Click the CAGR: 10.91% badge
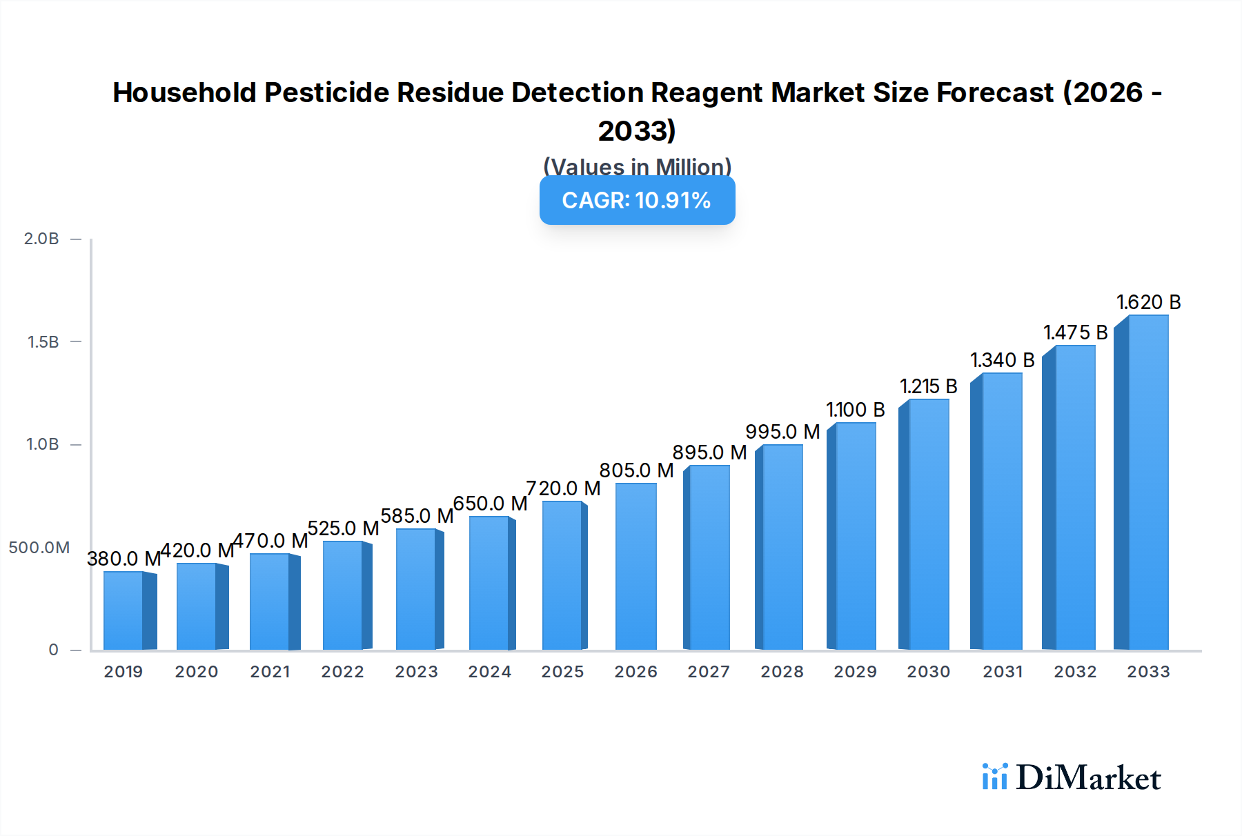pos(637,200)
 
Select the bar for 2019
pos(124,610)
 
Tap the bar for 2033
pos(1147,483)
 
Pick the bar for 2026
pos(635,566)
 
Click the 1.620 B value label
pos(1149,302)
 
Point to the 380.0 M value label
pos(124,558)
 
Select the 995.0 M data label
pos(782,432)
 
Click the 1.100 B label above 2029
pos(856,410)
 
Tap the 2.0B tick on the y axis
pos(41,239)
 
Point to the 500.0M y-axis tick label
pos(39,547)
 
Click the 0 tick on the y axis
pos(53,649)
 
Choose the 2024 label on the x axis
pos(489,671)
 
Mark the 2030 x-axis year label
pos(928,671)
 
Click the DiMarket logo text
pos(1088,777)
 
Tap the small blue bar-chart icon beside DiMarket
pos(994,777)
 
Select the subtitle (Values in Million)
pos(637,166)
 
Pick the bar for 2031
pos(1001,510)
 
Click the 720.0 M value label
pos(563,488)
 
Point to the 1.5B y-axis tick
pos(43,341)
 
